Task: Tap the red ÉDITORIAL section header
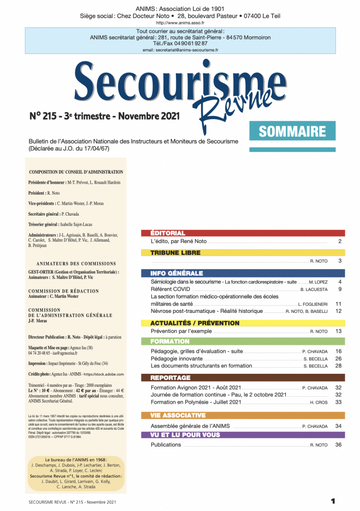tap(168, 233)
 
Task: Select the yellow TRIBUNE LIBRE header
tap(176, 253)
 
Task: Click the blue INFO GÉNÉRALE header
tap(177, 273)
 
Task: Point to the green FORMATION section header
tap(170, 341)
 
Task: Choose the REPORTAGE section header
tap(171, 378)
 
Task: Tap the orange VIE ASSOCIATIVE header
tap(178, 415)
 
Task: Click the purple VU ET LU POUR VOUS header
tap(185, 435)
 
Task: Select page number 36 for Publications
tap(338, 445)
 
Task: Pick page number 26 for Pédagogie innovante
tap(338, 358)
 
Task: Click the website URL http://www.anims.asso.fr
tap(180, 23)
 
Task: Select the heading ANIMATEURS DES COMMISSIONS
tap(72, 263)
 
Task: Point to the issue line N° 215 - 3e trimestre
tap(105, 116)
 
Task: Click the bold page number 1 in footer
tap(333, 501)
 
